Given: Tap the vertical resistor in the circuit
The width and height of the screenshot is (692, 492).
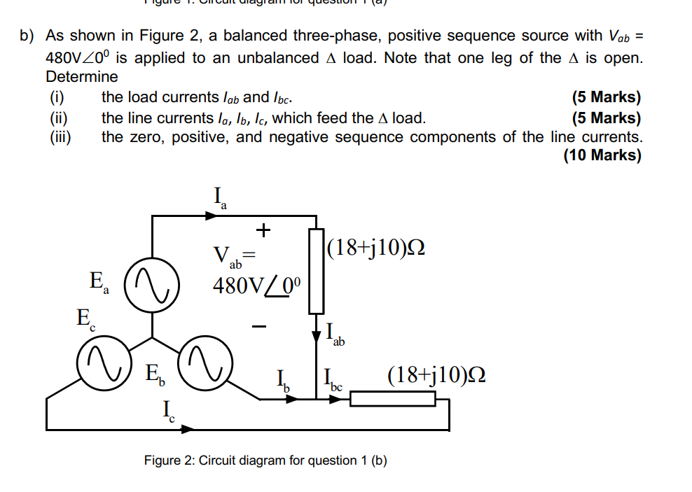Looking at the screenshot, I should click(x=316, y=270).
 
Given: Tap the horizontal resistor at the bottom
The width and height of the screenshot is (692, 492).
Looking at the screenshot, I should click(x=393, y=399).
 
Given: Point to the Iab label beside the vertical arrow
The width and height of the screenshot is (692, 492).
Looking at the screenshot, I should click(x=335, y=335).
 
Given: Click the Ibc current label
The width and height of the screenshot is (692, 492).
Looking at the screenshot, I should click(x=333, y=381).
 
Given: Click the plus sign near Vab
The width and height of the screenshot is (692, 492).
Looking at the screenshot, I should click(x=263, y=229).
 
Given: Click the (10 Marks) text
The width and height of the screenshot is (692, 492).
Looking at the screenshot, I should click(x=602, y=155).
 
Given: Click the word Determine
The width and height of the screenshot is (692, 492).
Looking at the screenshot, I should click(x=82, y=76).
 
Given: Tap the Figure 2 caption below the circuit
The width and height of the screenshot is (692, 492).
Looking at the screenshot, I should click(x=265, y=461).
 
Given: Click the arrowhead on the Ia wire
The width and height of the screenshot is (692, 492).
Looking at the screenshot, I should click(x=210, y=216).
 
